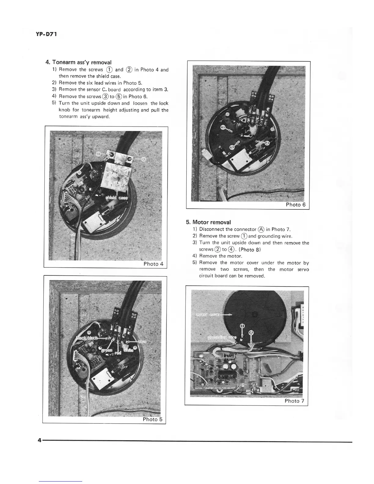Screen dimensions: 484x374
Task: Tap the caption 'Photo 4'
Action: point(153,264)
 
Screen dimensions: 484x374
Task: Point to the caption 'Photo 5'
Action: point(153,419)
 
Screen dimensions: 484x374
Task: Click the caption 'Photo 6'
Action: point(295,205)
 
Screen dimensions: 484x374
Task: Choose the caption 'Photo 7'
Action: point(294,401)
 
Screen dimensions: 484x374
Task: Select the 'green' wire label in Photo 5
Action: point(107,350)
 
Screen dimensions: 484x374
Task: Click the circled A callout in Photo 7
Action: point(251,332)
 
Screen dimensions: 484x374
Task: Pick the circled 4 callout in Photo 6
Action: point(267,144)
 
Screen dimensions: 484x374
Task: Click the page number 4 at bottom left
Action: point(39,440)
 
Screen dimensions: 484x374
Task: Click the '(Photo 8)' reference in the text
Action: point(249,249)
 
